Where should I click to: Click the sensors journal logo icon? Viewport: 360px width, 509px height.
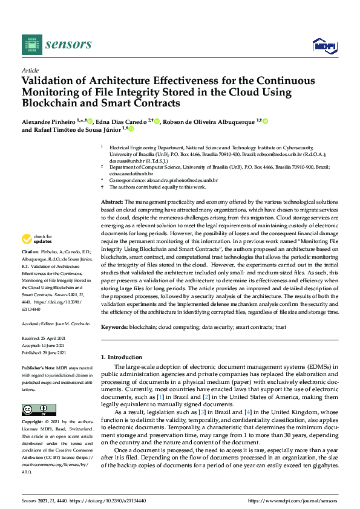click(x=32, y=44)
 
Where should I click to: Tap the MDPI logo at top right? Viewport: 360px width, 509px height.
click(x=324, y=45)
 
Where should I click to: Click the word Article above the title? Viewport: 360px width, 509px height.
click(x=30, y=70)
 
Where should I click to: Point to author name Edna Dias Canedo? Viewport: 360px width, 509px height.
click(x=122, y=122)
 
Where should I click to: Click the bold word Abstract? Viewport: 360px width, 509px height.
click(x=112, y=201)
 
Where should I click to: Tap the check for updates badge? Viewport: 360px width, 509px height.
click(x=36, y=239)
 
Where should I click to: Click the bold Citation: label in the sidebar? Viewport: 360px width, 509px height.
click(x=30, y=250)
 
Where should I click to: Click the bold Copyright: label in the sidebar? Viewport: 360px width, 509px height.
click(x=31, y=421)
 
